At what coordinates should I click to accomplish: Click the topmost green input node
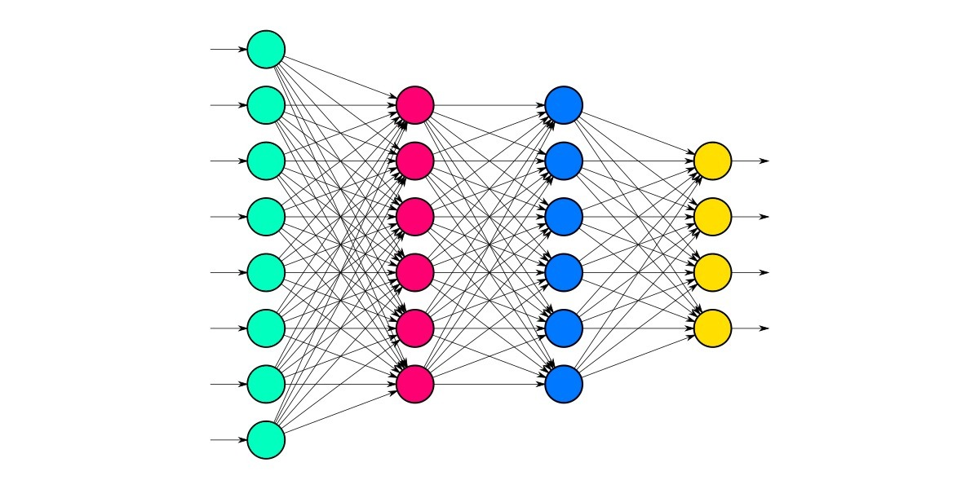tap(266, 49)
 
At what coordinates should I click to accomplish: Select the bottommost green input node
tap(266, 439)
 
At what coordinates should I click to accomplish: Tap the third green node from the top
tap(266, 161)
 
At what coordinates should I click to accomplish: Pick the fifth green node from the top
tap(266, 272)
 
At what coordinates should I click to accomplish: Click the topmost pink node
tap(415, 105)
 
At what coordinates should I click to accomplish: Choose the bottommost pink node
tap(415, 384)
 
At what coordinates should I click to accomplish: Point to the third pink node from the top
tap(415, 217)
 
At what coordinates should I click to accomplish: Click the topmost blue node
tap(564, 105)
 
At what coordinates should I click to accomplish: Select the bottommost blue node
tap(564, 384)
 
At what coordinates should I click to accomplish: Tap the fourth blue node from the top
tap(564, 272)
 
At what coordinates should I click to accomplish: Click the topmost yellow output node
tap(713, 161)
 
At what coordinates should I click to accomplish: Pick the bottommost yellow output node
tap(713, 328)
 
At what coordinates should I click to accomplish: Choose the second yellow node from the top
tap(713, 217)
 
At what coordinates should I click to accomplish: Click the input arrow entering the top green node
tap(228, 49)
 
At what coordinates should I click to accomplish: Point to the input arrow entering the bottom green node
tap(228, 439)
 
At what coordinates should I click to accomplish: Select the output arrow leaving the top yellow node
tap(751, 161)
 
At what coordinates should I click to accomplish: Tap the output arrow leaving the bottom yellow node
tap(751, 328)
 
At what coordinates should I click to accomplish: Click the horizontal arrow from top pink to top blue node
tap(489, 105)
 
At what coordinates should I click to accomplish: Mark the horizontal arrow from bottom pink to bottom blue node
tap(489, 384)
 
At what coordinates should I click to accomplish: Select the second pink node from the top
tap(415, 161)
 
